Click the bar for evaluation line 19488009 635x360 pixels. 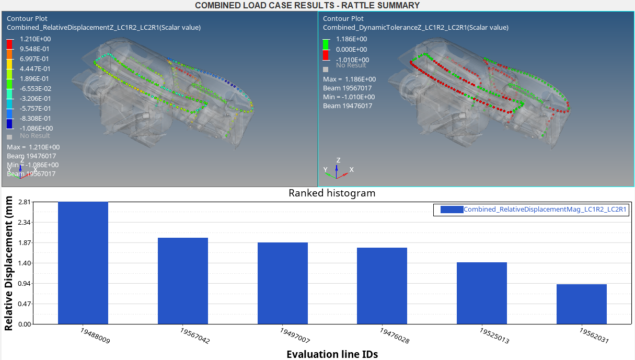tap(83, 263)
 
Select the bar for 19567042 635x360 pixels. tap(183, 281)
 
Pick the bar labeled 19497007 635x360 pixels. tap(283, 283)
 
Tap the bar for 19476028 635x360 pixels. tap(382, 286)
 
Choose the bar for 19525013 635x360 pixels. tap(482, 293)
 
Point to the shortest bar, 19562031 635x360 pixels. tap(582, 304)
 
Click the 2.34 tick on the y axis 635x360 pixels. tap(24, 223)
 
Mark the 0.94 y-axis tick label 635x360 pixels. tap(24, 284)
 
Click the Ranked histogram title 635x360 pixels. tap(332, 193)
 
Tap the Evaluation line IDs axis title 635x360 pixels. tap(332, 354)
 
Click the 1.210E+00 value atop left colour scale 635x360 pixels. tap(35, 39)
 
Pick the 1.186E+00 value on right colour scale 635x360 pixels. tap(352, 39)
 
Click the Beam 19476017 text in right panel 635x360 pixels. tap(347, 106)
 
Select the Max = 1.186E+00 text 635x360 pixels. tap(349, 79)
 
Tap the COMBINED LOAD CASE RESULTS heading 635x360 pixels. tap(307, 5)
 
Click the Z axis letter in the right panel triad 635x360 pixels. tap(339, 160)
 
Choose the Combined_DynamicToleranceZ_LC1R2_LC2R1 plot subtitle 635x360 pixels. tap(415, 28)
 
